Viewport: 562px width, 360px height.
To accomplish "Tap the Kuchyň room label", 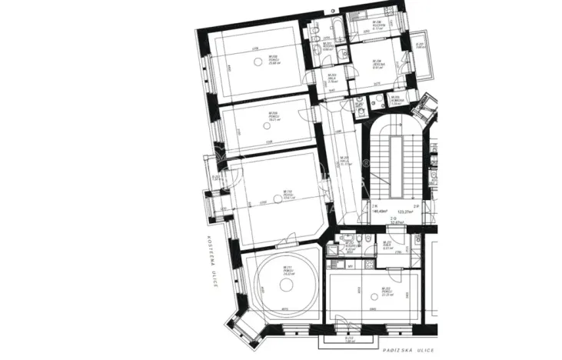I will click(377, 25).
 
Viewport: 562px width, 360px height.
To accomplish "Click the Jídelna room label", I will click(377, 63).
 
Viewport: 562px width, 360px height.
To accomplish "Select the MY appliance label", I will click(350, 267).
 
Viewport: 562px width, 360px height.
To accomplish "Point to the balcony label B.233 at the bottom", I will click(349, 339).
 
